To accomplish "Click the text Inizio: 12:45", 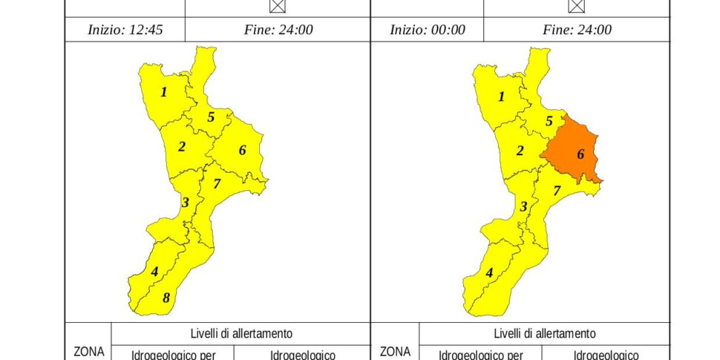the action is pyautogui.click(x=125, y=30).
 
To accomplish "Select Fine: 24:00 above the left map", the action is pyautogui.click(x=278, y=30).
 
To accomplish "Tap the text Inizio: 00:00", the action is pyautogui.click(x=428, y=30).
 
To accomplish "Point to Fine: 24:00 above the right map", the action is pyautogui.click(x=577, y=30).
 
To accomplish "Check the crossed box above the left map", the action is pyautogui.click(x=278, y=5).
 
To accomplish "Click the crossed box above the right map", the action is pyautogui.click(x=576, y=5).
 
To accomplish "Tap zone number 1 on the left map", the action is pyautogui.click(x=164, y=93).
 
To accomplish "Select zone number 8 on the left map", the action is pyautogui.click(x=166, y=298).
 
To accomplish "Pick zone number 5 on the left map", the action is pyautogui.click(x=211, y=117).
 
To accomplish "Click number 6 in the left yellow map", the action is pyautogui.click(x=242, y=150).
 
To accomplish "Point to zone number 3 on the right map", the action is pyautogui.click(x=523, y=206).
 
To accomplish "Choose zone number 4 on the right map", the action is pyautogui.click(x=489, y=272).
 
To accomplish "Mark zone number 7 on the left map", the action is pyautogui.click(x=217, y=183).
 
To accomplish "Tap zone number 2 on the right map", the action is pyautogui.click(x=520, y=151).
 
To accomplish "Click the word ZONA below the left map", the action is pyautogui.click(x=89, y=351).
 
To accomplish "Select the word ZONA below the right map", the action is pyautogui.click(x=396, y=351).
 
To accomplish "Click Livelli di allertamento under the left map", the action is pyautogui.click(x=241, y=334).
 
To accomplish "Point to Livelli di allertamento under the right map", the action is pyautogui.click(x=544, y=334).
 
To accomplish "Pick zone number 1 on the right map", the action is pyautogui.click(x=501, y=96).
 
